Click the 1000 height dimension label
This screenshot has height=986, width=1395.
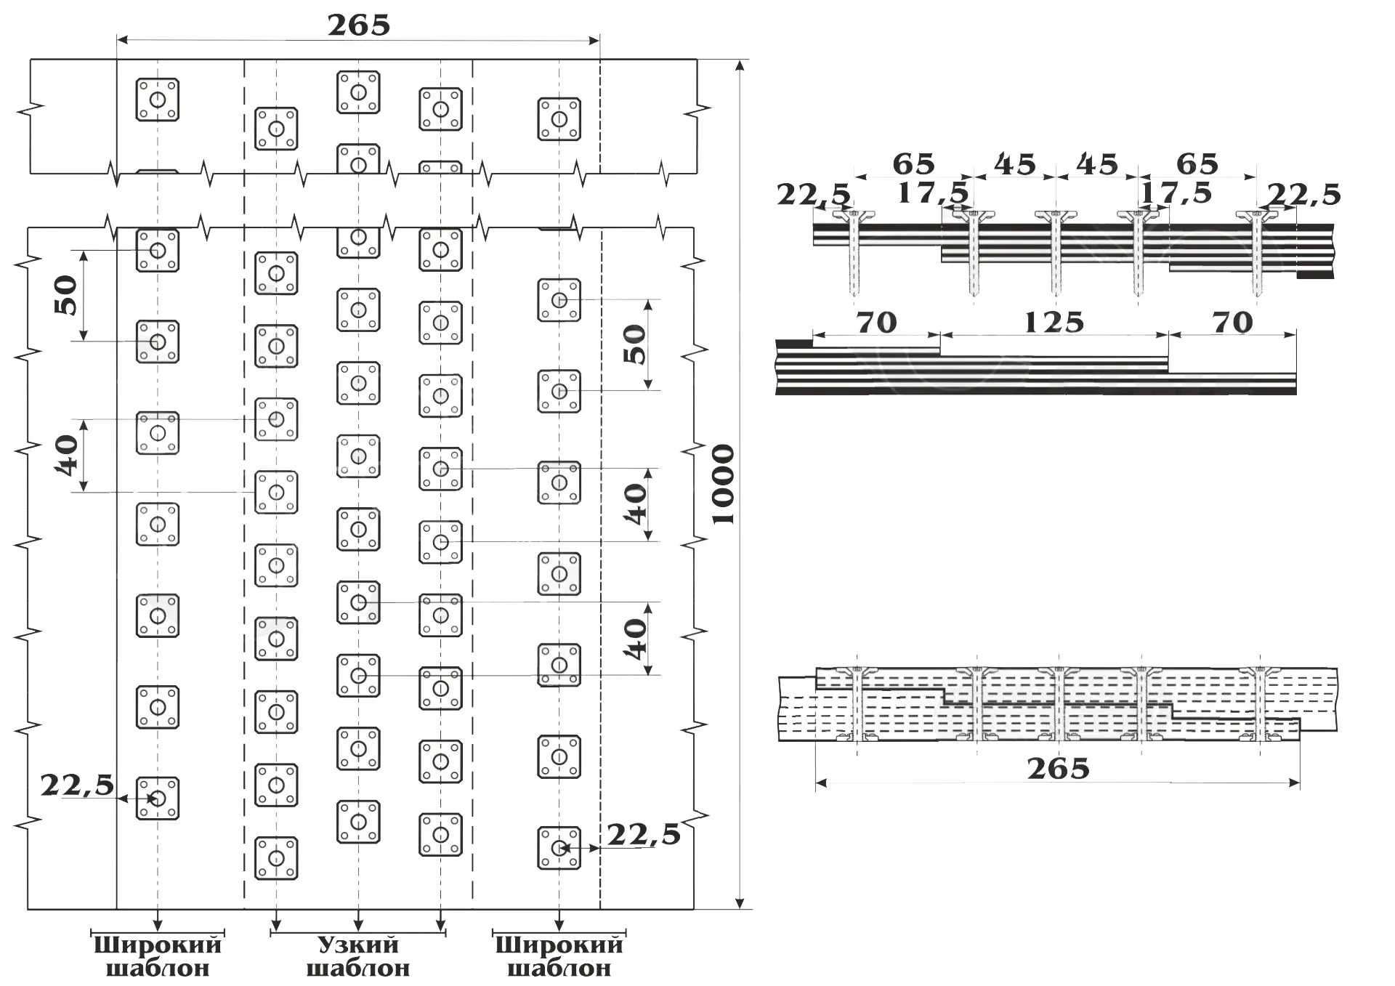(723, 485)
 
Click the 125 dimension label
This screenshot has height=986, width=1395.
(1054, 322)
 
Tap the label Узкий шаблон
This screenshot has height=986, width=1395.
(357, 955)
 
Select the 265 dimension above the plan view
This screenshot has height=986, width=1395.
(359, 25)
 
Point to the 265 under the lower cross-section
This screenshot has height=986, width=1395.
(1059, 768)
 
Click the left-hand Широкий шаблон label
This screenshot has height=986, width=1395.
(158, 955)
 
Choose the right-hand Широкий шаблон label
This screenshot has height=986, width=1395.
(559, 955)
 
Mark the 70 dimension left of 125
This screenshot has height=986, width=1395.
(877, 322)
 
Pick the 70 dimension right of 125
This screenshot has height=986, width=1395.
(1233, 322)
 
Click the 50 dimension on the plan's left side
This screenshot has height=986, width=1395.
(66, 295)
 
